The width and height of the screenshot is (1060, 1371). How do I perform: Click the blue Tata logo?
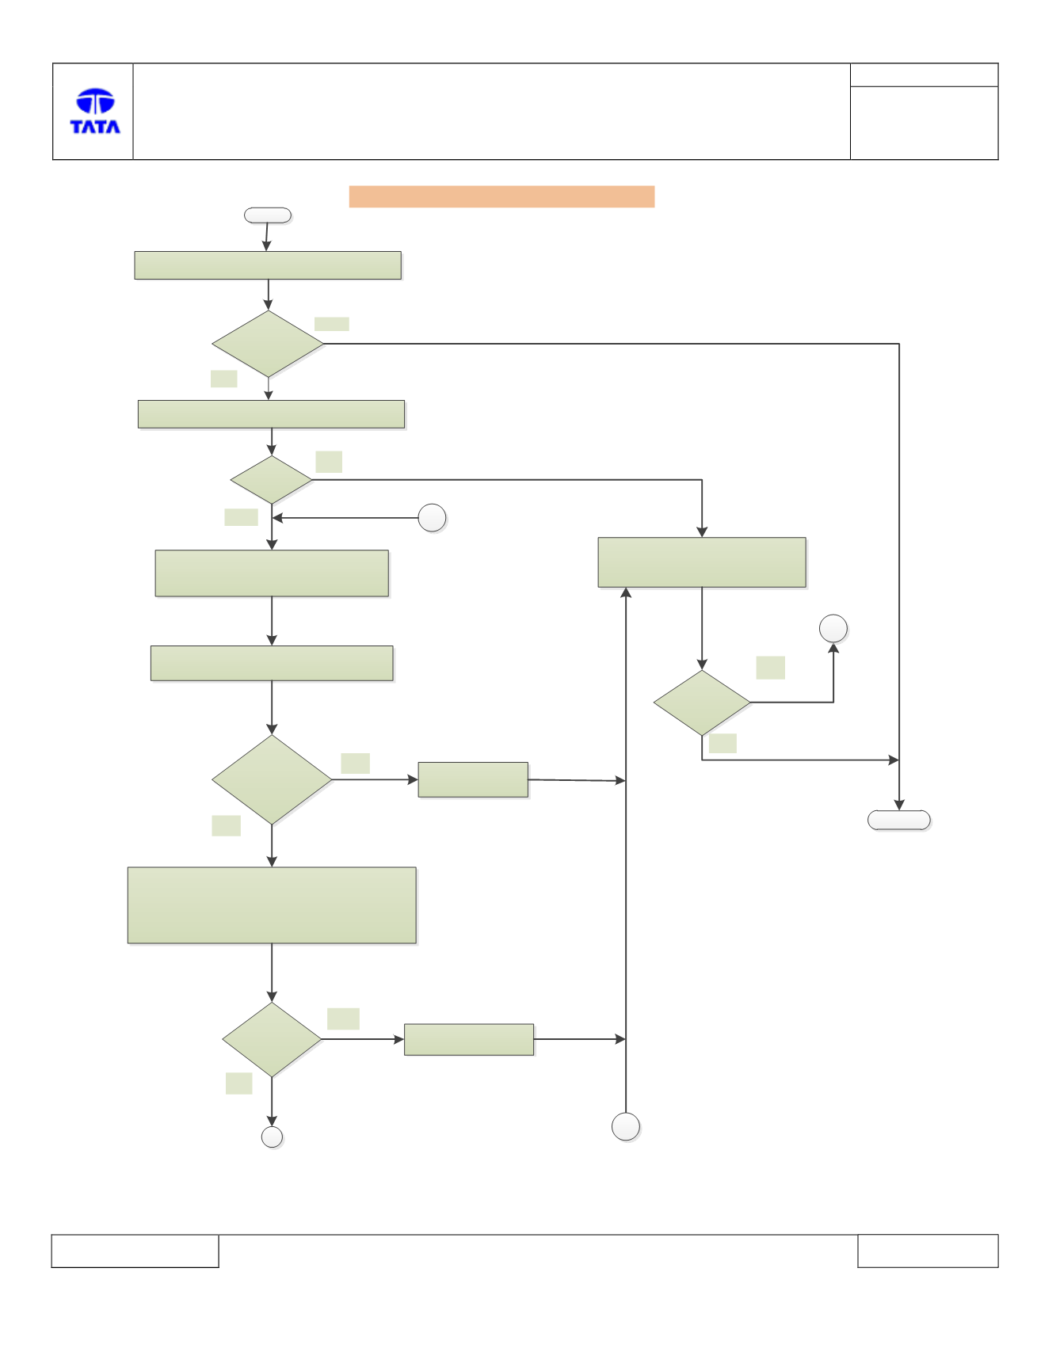coord(95,111)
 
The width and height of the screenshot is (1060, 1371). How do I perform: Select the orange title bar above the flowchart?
coord(501,196)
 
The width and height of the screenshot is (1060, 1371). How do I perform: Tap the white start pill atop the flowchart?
coord(268,215)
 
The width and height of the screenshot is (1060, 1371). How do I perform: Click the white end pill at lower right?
coord(899,820)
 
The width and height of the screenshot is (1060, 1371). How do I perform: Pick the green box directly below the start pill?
coord(268,265)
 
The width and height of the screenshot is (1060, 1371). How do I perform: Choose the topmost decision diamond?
coord(268,344)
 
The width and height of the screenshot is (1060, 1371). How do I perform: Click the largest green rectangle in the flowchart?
coord(272,905)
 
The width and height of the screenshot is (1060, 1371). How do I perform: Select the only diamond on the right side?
coord(702,703)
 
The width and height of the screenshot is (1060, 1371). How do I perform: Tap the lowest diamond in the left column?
coord(272,1039)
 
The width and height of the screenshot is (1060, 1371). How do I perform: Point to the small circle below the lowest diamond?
coord(272,1137)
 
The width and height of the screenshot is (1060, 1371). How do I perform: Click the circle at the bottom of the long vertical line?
coord(626,1126)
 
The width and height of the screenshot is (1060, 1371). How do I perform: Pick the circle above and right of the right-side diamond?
coord(833,629)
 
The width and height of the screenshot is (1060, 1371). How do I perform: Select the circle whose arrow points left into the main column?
coord(432,518)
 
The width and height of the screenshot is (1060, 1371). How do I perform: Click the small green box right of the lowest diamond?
coord(469,1039)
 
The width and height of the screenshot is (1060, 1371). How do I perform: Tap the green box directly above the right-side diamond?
coord(702,562)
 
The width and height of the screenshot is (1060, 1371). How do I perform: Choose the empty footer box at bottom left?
coord(135,1251)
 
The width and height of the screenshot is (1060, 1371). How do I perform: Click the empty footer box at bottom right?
coord(928,1251)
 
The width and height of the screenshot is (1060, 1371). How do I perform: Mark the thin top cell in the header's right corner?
coord(924,75)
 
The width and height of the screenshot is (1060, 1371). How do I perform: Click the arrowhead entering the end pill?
coord(899,805)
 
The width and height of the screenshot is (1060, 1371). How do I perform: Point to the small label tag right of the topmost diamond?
coord(332,324)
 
